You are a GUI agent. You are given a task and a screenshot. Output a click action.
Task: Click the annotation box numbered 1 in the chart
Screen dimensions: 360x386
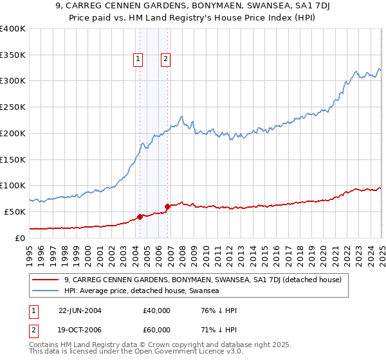click(138, 59)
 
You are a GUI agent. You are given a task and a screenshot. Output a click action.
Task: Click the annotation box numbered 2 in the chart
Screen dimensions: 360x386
click(165, 59)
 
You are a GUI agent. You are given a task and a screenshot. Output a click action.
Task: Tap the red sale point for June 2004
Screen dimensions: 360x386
click(140, 217)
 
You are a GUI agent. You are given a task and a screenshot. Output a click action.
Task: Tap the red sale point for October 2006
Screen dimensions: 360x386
click(167, 206)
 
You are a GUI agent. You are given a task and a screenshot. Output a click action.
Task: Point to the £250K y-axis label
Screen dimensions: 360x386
click(13, 107)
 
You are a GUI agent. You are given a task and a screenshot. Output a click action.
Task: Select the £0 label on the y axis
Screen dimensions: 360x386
click(20, 238)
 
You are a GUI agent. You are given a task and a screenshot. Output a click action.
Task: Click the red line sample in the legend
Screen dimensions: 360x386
click(45, 280)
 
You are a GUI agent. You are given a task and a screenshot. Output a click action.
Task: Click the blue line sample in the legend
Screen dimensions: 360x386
click(45, 291)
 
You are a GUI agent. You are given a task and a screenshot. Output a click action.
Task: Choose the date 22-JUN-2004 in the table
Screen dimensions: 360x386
click(80, 310)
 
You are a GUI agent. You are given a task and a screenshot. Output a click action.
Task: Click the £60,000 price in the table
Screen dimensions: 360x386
click(157, 330)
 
